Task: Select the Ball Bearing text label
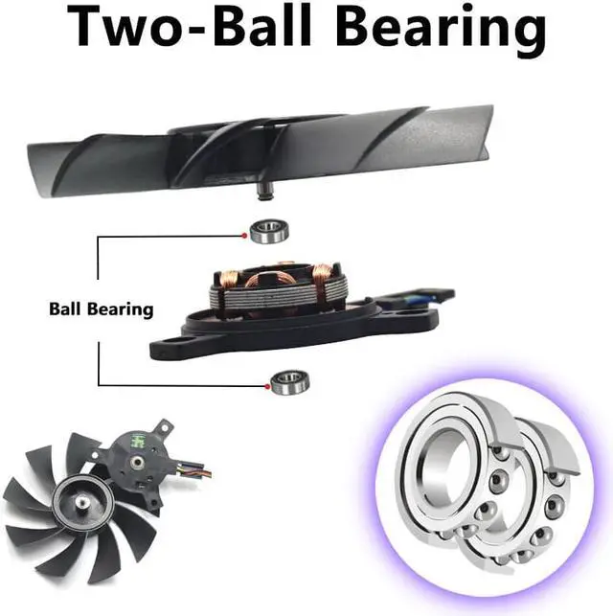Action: (101, 309)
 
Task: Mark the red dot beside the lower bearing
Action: (266, 386)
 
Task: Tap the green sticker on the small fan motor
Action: (125, 444)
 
